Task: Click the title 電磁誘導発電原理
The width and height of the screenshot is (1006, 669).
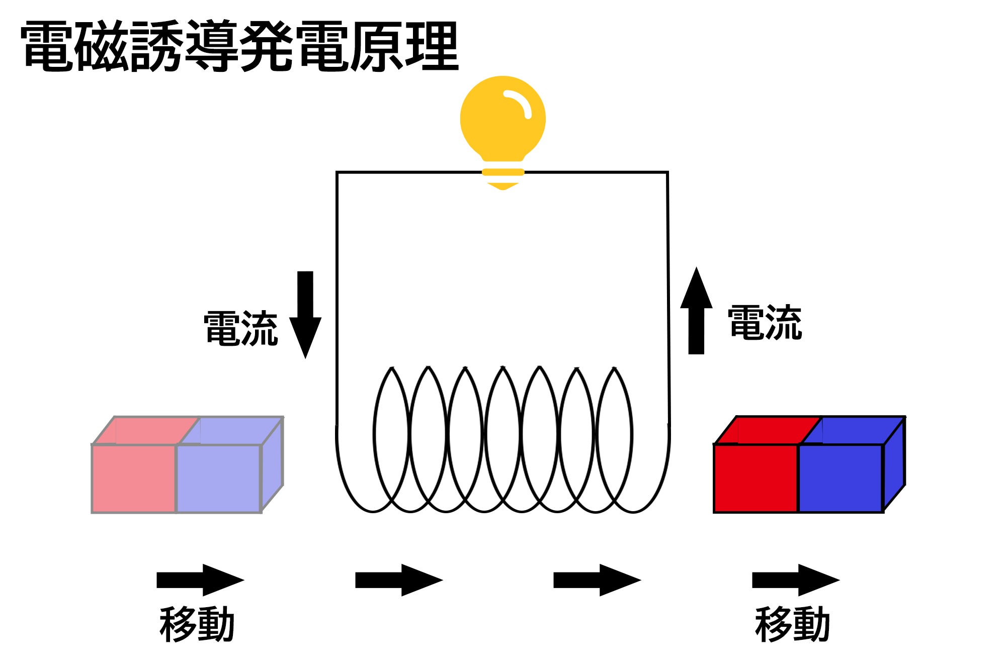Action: click(x=239, y=46)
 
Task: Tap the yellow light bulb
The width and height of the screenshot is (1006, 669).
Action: click(x=502, y=119)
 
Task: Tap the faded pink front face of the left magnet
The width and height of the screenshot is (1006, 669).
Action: click(x=134, y=478)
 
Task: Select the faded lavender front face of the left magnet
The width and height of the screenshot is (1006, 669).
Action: click(x=218, y=478)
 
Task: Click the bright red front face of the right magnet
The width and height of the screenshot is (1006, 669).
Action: click(x=756, y=478)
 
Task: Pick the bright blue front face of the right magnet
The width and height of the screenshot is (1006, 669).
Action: click(x=840, y=478)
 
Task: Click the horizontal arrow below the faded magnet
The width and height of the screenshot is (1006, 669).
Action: click(x=200, y=580)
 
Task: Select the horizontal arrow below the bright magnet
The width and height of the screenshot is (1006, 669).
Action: click(x=795, y=580)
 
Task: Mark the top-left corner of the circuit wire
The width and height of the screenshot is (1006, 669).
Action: click(x=337, y=173)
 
